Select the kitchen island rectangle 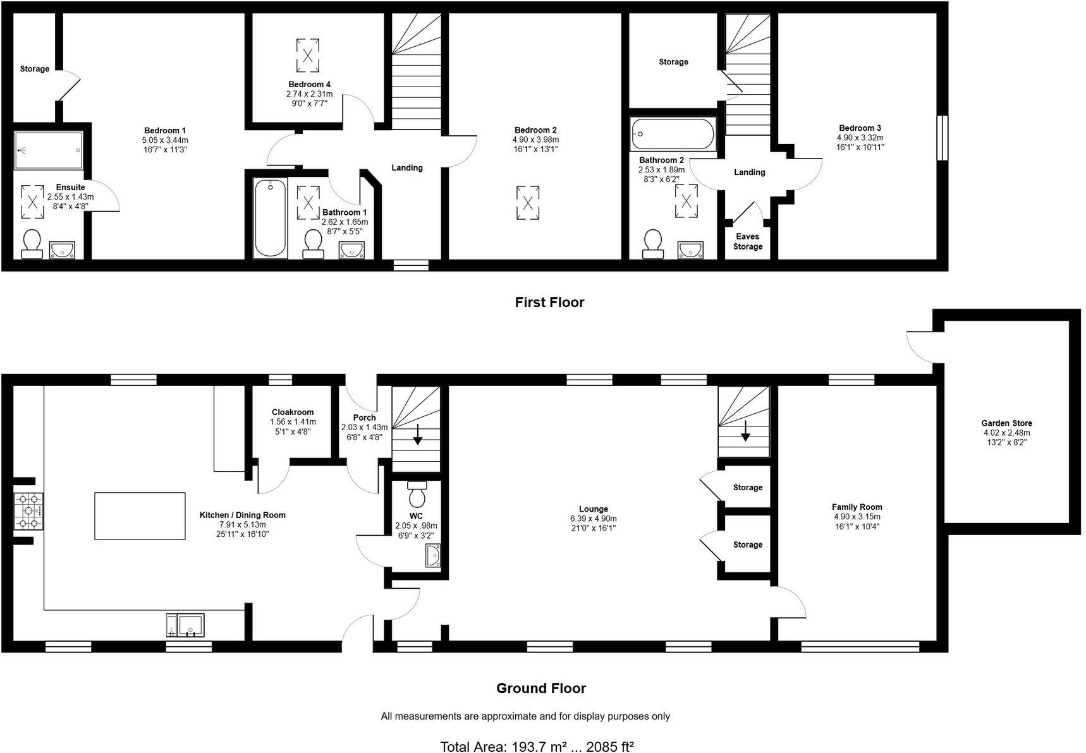coord(140,515)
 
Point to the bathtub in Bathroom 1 coord(270,217)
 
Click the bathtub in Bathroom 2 coord(673,134)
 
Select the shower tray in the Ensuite coord(49,150)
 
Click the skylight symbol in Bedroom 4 coord(308,55)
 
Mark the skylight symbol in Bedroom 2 coord(527,203)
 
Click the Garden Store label coord(1006,423)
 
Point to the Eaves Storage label coord(747,241)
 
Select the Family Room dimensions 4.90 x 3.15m coord(857,517)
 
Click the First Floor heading coord(549,303)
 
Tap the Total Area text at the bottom coord(537,747)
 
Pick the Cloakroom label coord(293,412)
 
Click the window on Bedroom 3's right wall coord(942,137)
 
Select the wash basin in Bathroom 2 coord(691,250)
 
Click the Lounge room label coord(593,509)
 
